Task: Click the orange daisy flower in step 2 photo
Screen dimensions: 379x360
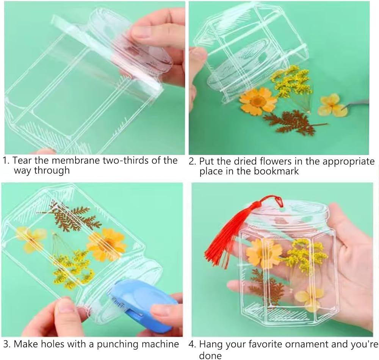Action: coord(257,102)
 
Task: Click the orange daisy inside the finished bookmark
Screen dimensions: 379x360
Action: coord(263,253)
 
